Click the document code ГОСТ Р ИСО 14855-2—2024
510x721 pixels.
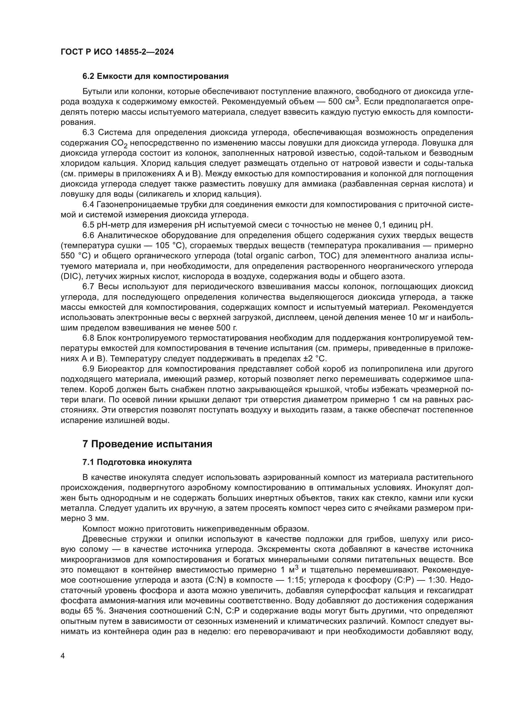pos(117,52)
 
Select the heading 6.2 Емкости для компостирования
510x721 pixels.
pos(155,76)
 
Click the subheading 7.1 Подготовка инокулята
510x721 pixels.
pos(137,462)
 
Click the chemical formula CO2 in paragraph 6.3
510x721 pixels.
pos(119,144)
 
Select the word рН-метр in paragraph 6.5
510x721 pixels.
pos(112,225)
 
